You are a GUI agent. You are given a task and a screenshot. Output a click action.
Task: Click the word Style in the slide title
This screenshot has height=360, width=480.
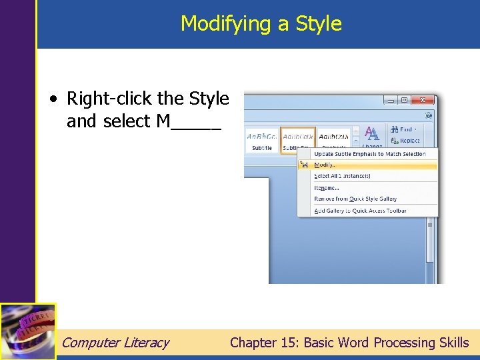[x=319, y=24]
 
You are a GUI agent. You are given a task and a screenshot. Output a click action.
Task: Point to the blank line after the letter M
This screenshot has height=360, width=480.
[x=197, y=127]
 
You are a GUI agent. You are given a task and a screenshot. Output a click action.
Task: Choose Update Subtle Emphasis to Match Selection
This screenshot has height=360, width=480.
[x=369, y=154]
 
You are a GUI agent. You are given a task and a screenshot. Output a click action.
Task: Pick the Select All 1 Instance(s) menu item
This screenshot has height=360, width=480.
[x=342, y=176]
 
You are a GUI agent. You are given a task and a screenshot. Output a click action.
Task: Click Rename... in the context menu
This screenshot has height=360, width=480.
[x=327, y=187]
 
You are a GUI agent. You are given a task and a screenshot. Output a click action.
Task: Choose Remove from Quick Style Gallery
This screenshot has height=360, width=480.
[x=355, y=199]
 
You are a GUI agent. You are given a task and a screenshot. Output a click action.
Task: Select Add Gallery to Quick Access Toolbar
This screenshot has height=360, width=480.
[x=360, y=211]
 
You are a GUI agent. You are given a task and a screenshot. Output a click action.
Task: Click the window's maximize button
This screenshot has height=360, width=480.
[x=404, y=101]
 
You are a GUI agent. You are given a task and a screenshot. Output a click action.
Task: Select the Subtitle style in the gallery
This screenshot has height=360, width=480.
[x=262, y=139]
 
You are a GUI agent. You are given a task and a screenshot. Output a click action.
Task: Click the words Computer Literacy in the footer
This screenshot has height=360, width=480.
[x=115, y=343]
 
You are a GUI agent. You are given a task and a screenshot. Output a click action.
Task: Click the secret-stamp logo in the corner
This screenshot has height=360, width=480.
[x=28, y=331]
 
